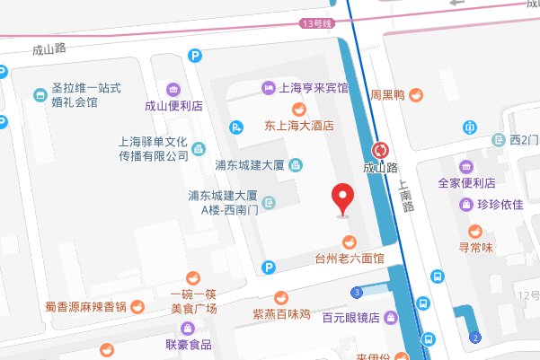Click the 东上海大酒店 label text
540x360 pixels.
(x=299, y=127)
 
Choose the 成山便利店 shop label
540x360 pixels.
(x=173, y=106)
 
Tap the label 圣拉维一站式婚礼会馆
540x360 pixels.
(x=86, y=95)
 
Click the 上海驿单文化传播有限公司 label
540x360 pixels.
(x=153, y=148)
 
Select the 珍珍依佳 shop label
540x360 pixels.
(x=499, y=205)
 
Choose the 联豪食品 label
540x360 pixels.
(x=188, y=345)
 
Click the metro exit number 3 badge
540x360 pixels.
(x=359, y=293)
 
